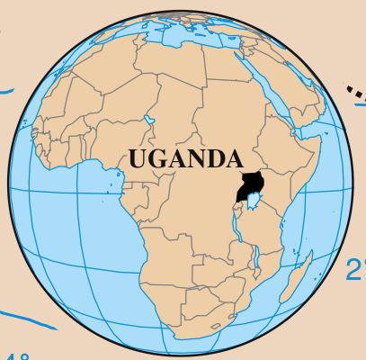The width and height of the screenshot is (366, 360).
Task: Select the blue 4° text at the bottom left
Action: coord(18,352)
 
